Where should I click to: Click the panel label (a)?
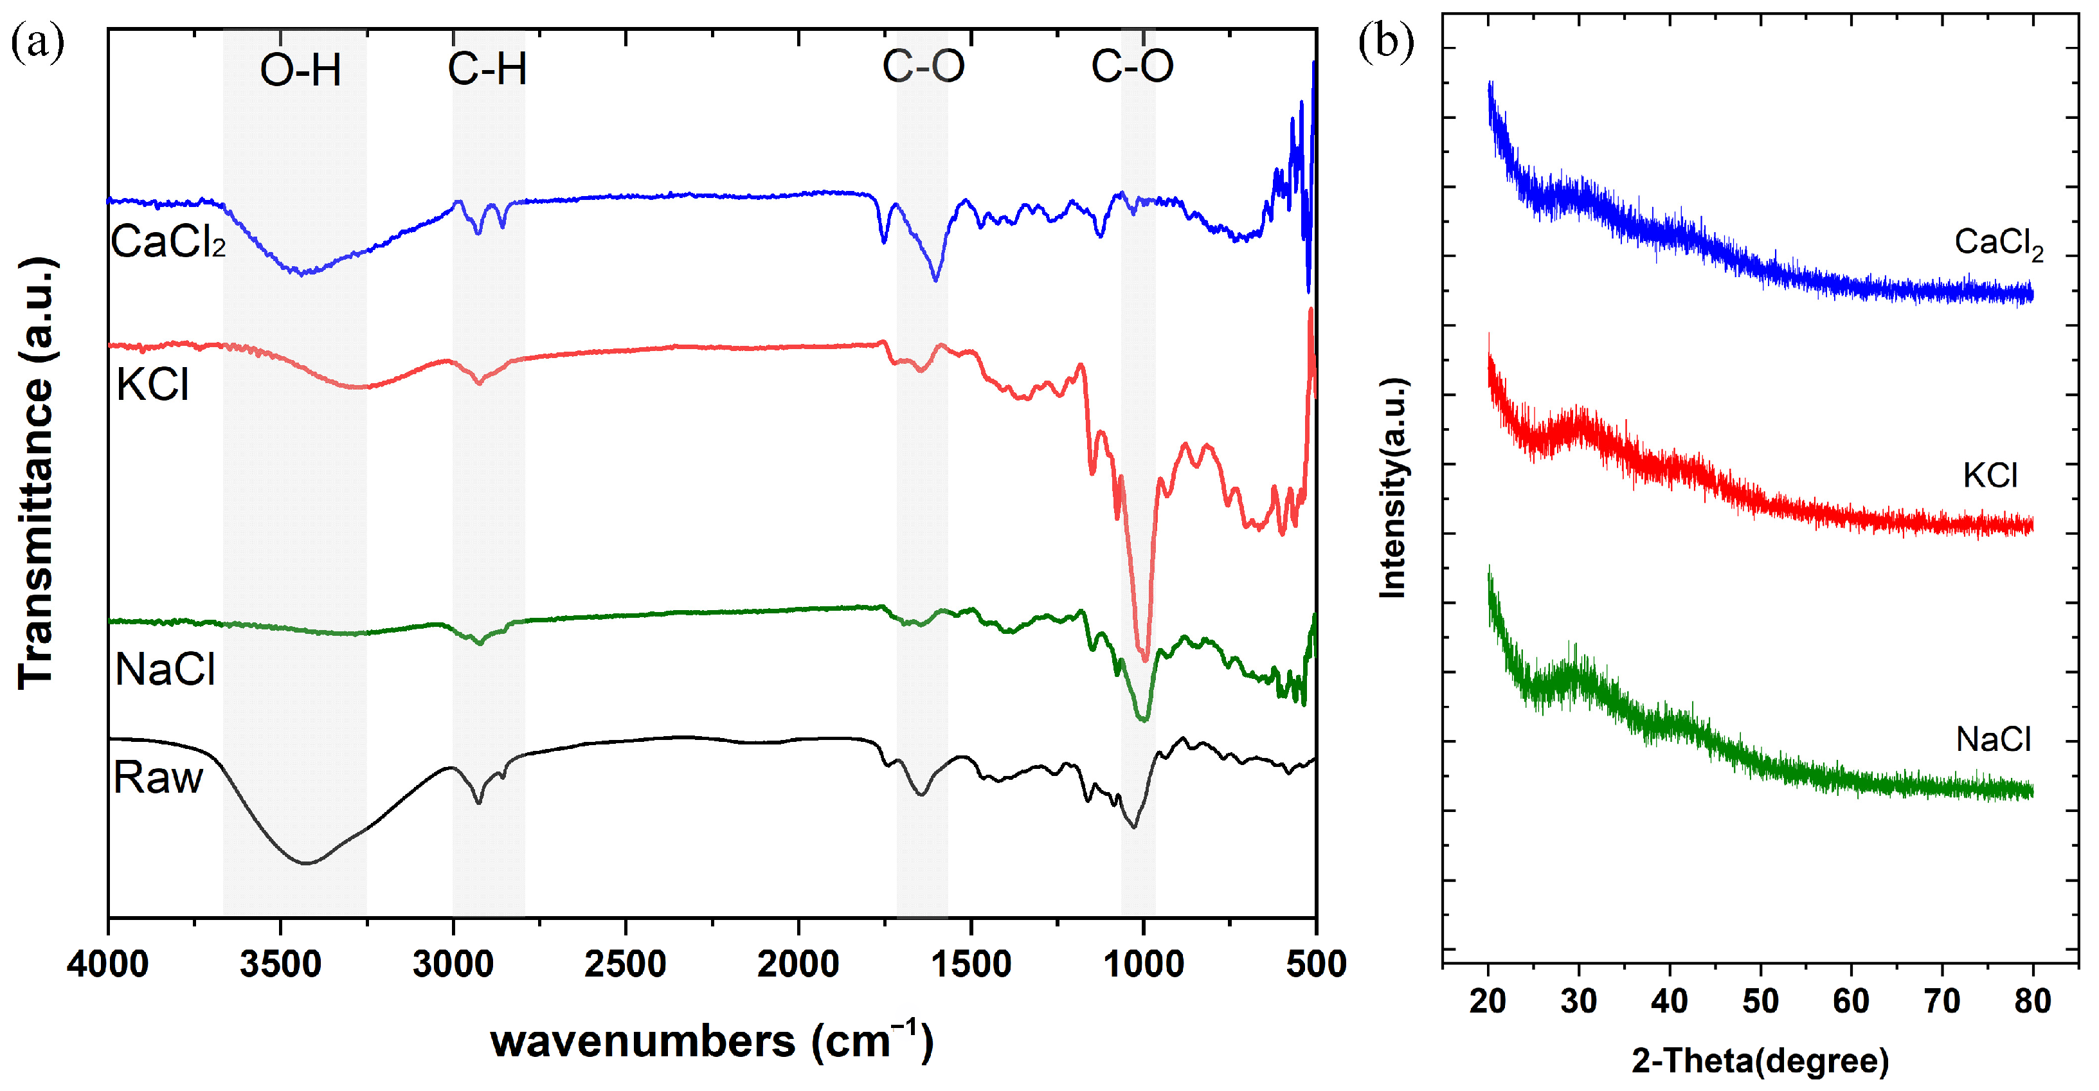(x=37, y=42)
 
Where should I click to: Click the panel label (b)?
(x=1386, y=41)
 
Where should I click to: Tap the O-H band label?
(x=300, y=70)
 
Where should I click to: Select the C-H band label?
(x=487, y=68)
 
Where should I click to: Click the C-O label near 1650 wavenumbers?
(x=923, y=65)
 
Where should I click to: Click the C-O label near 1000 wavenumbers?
(x=1132, y=65)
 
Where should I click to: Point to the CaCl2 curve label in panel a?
(x=168, y=242)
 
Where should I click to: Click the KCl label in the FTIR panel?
(x=152, y=384)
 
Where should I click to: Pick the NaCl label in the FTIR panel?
(x=165, y=670)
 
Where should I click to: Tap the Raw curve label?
(x=158, y=777)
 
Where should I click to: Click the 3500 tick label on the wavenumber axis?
(x=280, y=964)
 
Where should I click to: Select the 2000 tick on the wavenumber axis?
(x=798, y=964)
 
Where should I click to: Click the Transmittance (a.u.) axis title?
(x=37, y=473)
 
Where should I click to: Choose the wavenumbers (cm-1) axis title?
(x=712, y=1040)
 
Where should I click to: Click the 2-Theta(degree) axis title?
(x=1760, y=1061)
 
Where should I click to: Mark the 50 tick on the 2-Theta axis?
(x=1760, y=1000)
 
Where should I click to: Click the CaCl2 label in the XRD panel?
(x=1999, y=244)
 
